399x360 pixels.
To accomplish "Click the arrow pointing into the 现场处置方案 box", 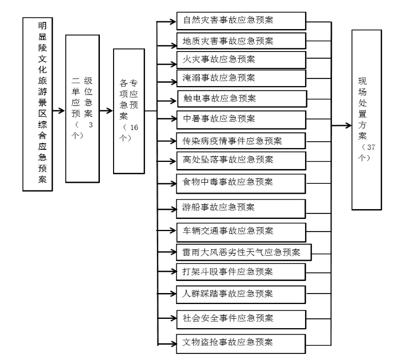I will (x=343, y=126).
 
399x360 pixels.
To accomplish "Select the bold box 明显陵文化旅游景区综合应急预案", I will (x=38, y=104).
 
